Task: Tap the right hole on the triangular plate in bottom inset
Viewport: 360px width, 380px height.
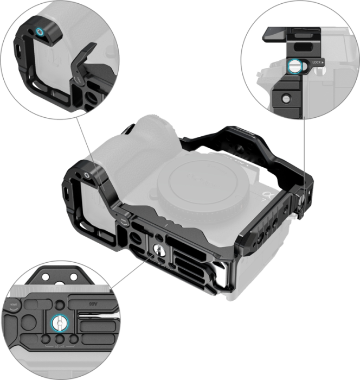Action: (70, 277)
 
